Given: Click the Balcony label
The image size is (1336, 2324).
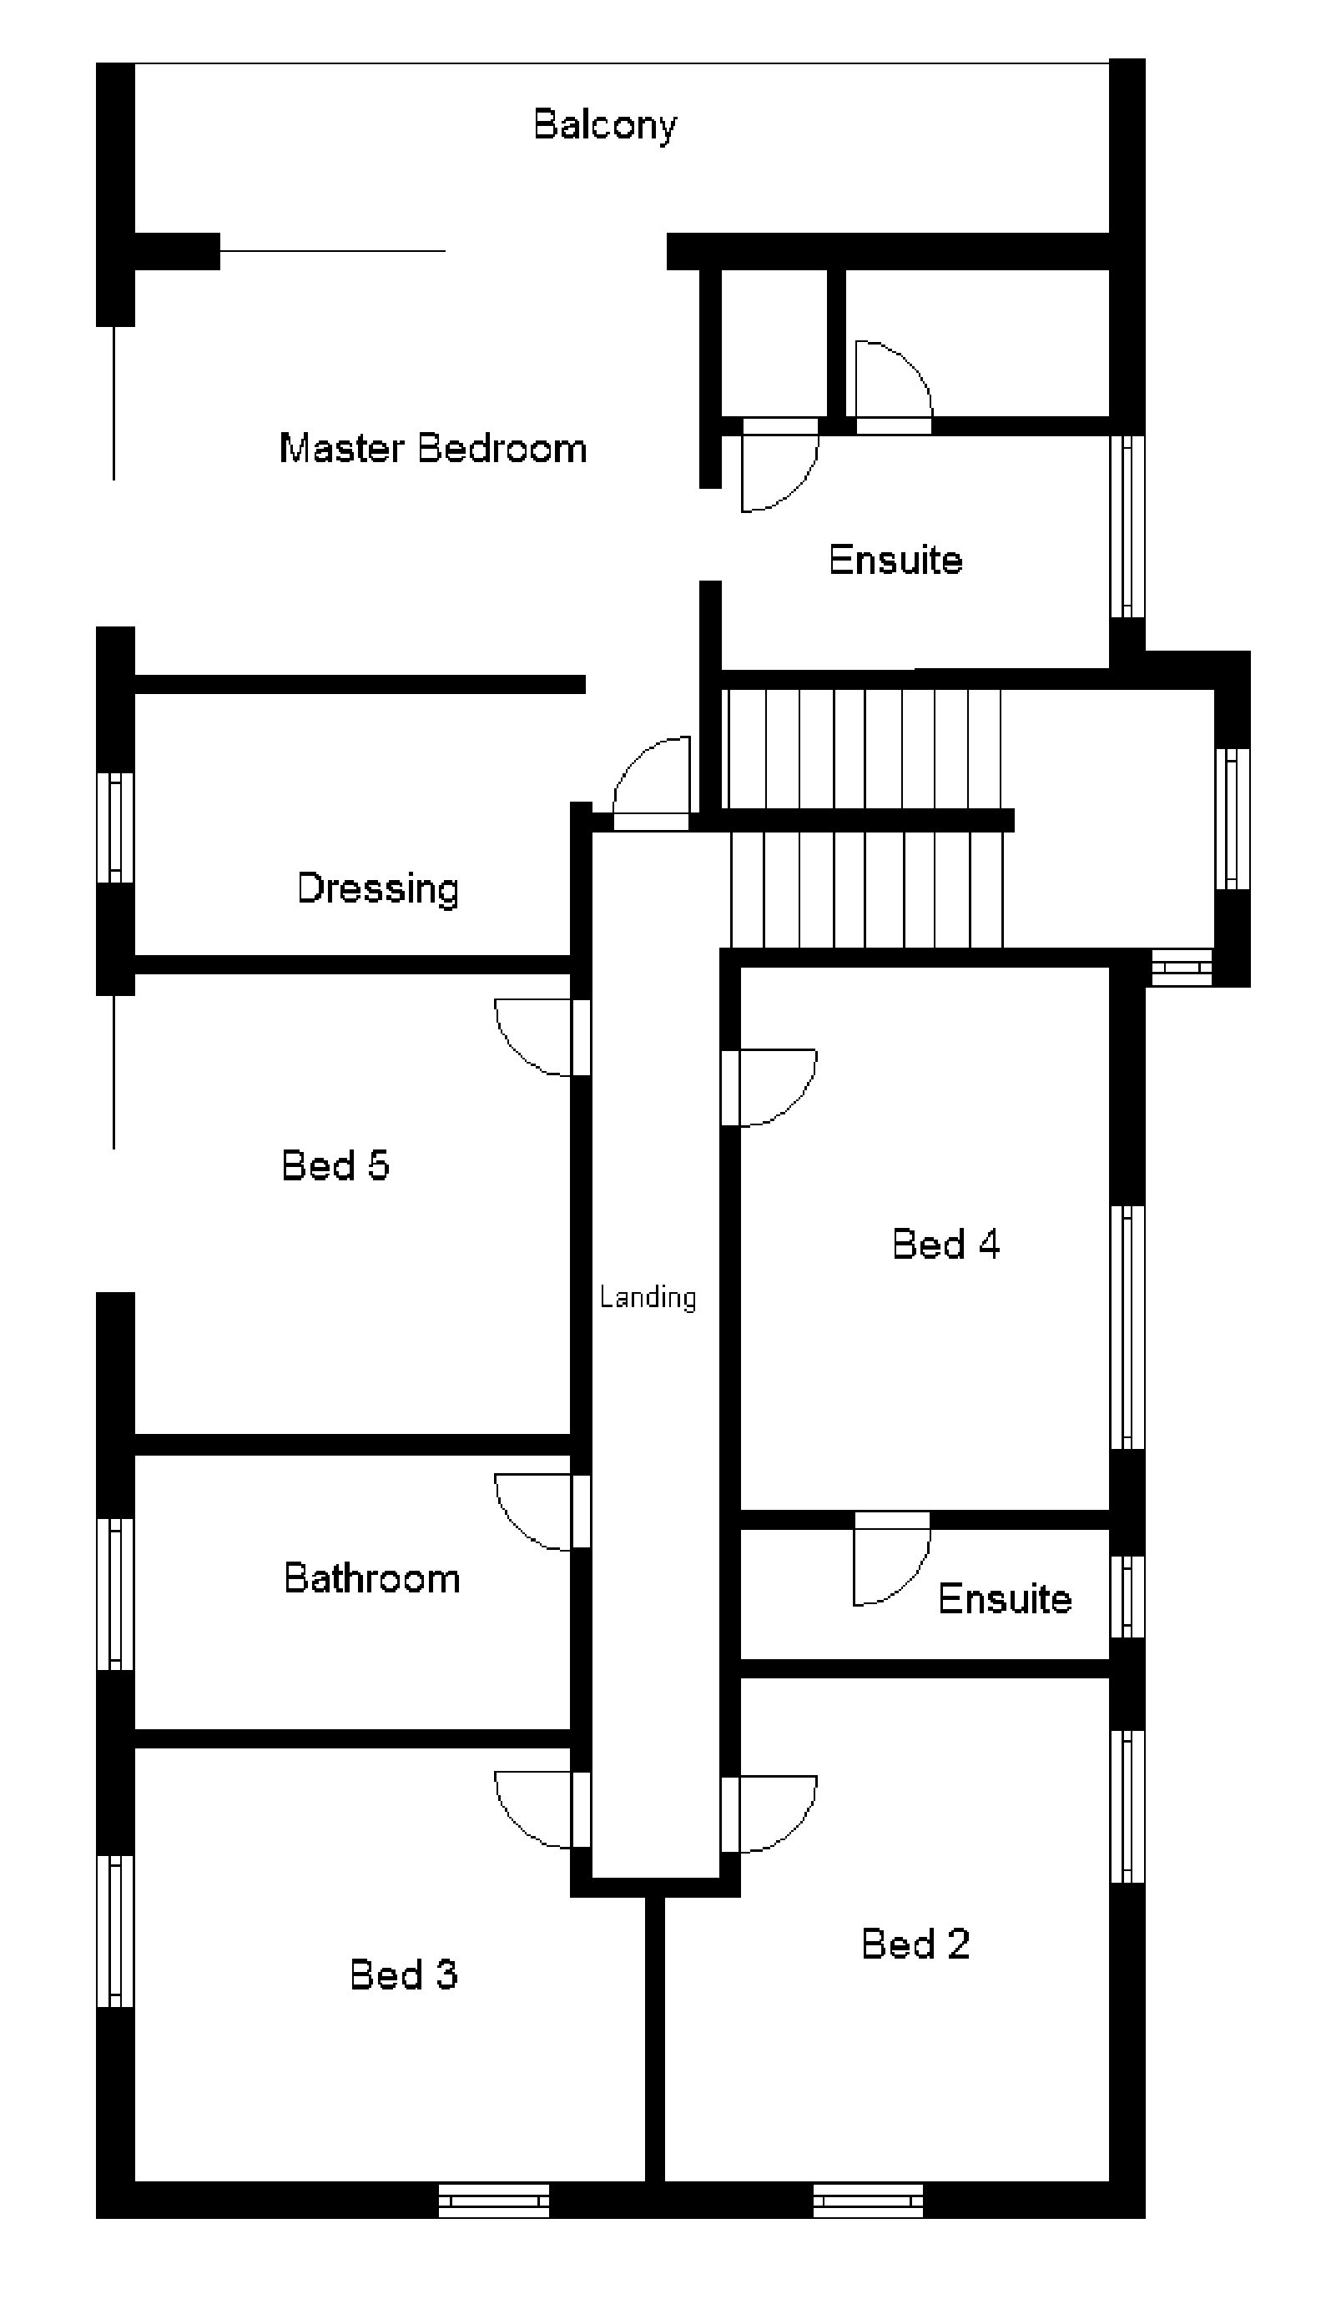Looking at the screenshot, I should [605, 125].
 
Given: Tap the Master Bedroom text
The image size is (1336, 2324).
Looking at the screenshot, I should [432, 449].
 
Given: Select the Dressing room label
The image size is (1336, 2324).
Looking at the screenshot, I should [377, 888].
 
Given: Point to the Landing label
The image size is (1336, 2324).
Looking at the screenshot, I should [648, 1297].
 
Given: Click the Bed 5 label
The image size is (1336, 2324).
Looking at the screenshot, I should [335, 1165].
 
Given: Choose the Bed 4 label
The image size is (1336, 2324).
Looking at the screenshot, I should [945, 1244].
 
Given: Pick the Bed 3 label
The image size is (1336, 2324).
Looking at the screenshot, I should [403, 1974].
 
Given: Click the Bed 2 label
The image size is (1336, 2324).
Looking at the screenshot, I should [915, 1944].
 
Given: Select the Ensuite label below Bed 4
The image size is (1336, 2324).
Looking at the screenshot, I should [1004, 1598].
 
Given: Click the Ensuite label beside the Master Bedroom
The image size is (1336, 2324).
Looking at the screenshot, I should [895, 560].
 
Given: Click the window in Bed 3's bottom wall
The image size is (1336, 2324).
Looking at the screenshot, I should [494, 2201].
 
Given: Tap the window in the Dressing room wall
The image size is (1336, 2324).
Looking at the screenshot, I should [116, 827].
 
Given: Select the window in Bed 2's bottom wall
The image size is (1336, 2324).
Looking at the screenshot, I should [868, 2201].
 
